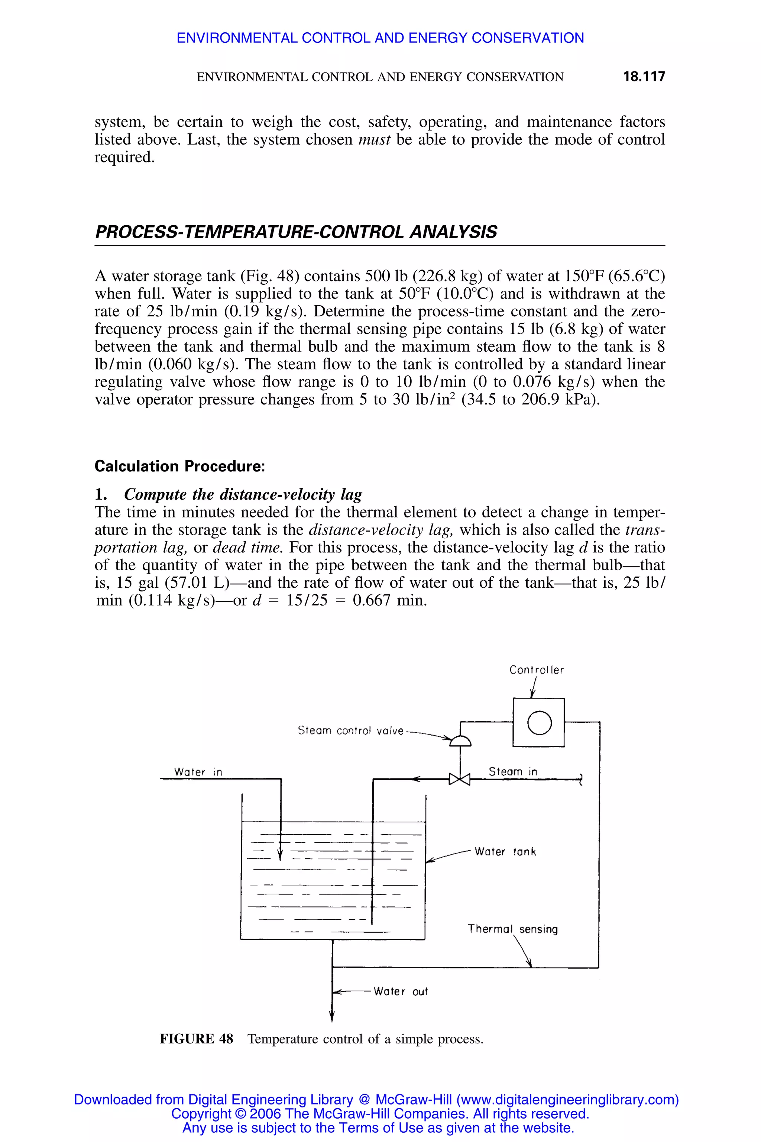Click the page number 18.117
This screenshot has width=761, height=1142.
pos(644,77)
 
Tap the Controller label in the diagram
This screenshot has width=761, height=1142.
pos(536,670)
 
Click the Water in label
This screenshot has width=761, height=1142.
pos(198,772)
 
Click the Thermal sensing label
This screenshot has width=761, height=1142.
pos(512,929)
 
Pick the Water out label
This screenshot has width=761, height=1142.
pos(401,991)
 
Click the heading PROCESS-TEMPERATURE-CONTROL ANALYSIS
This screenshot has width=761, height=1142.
pos(296,232)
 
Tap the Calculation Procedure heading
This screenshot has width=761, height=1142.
pos(179,466)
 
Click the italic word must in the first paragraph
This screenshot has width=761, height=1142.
pos(374,140)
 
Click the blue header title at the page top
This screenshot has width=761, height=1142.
pos(380,38)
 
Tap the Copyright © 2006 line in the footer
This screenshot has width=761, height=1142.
pos(380,1113)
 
